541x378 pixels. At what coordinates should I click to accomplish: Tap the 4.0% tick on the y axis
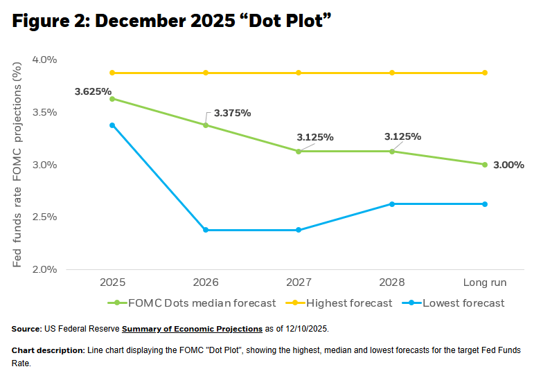[44, 60]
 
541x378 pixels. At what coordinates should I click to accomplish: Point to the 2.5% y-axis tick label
[44, 217]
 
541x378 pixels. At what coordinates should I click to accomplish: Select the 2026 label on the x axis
[206, 282]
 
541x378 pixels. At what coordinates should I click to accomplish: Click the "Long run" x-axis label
[484, 282]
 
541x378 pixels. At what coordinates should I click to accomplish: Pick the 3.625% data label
[94, 91]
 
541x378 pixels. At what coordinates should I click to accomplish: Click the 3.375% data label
[232, 113]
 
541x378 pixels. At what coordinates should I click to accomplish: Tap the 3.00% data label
[508, 165]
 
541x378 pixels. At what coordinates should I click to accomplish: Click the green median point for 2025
[112, 98]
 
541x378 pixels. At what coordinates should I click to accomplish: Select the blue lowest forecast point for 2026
[206, 230]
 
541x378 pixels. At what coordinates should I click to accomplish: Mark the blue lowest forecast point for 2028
[391, 204]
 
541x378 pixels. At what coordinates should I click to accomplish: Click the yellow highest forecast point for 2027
[299, 73]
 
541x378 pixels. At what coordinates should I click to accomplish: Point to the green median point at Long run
[485, 164]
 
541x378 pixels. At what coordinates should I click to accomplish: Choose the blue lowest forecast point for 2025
[112, 125]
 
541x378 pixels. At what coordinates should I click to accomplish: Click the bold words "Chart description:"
[48, 350]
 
